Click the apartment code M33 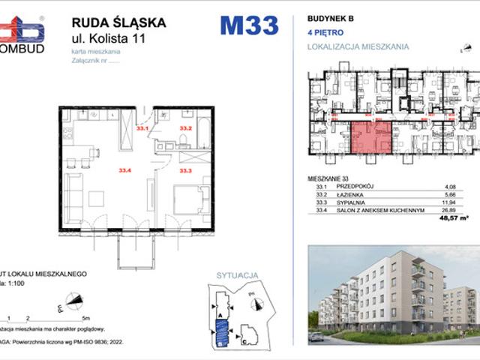tap(248, 25)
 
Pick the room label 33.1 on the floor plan tap(143, 128)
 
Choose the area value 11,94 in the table tap(450, 202)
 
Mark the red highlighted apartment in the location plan tap(372, 136)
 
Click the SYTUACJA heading tap(232, 276)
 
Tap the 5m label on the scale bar tap(86, 318)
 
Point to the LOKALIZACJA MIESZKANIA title tap(358, 46)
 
